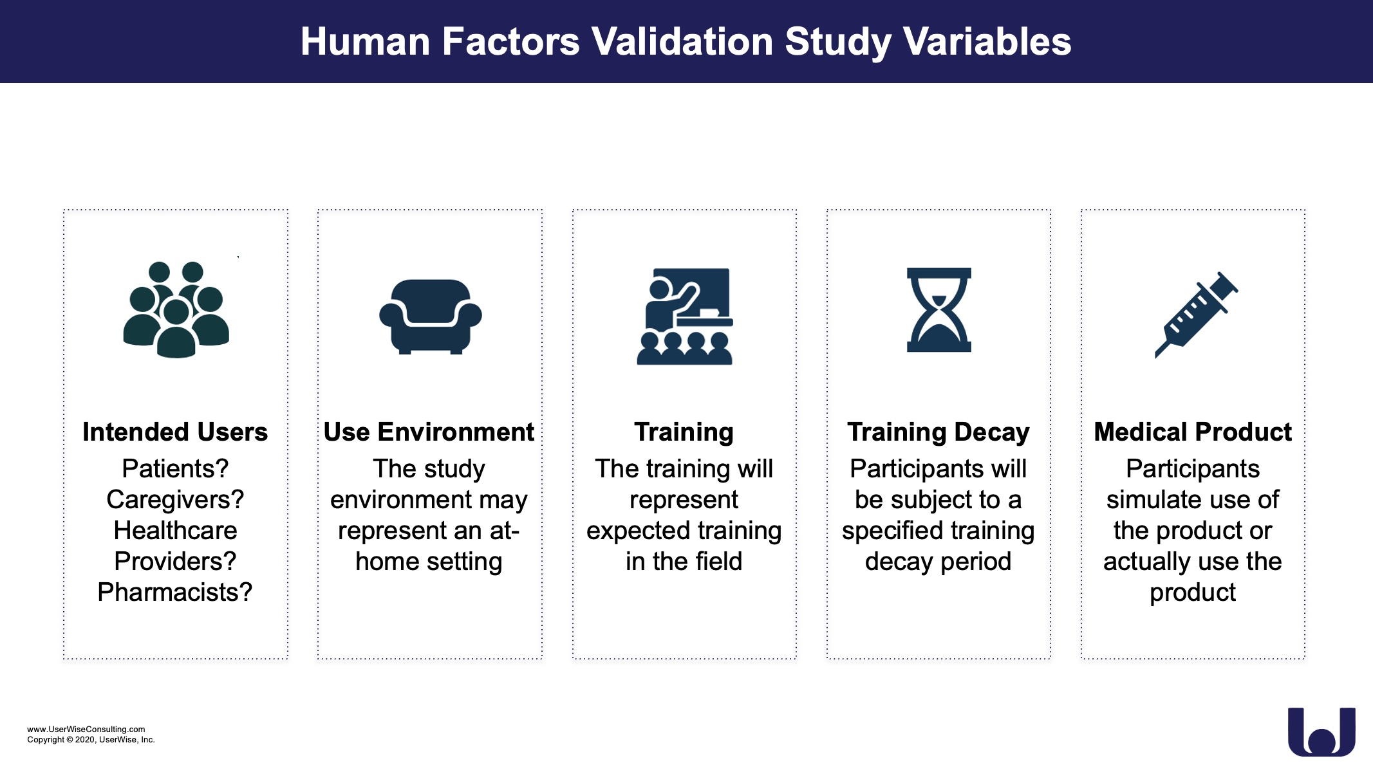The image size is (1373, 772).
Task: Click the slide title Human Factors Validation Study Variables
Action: coord(686,42)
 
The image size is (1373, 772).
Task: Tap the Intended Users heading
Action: coord(175,432)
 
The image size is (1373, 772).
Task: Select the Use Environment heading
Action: coord(429,432)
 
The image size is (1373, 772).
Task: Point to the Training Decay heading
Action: coord(938,432)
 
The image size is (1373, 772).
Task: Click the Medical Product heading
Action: coord(1193,432)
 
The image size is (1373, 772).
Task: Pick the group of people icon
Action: coord(176,309)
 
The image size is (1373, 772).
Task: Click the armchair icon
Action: coord(430,317)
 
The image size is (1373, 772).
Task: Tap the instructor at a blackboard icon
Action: coord(685,317)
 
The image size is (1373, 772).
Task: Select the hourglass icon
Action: coord(939,310)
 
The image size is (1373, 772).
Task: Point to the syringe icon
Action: coord(1196,315)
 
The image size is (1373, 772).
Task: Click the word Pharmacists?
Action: coord(175,592)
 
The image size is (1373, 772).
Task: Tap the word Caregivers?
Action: coord(175,500)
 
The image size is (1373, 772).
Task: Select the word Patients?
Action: coord(175,468)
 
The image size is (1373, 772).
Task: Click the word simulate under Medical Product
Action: coord(1148,500)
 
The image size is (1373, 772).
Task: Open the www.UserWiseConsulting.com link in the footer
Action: coord(86,729)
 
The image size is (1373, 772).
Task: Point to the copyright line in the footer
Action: coord(91,740)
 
